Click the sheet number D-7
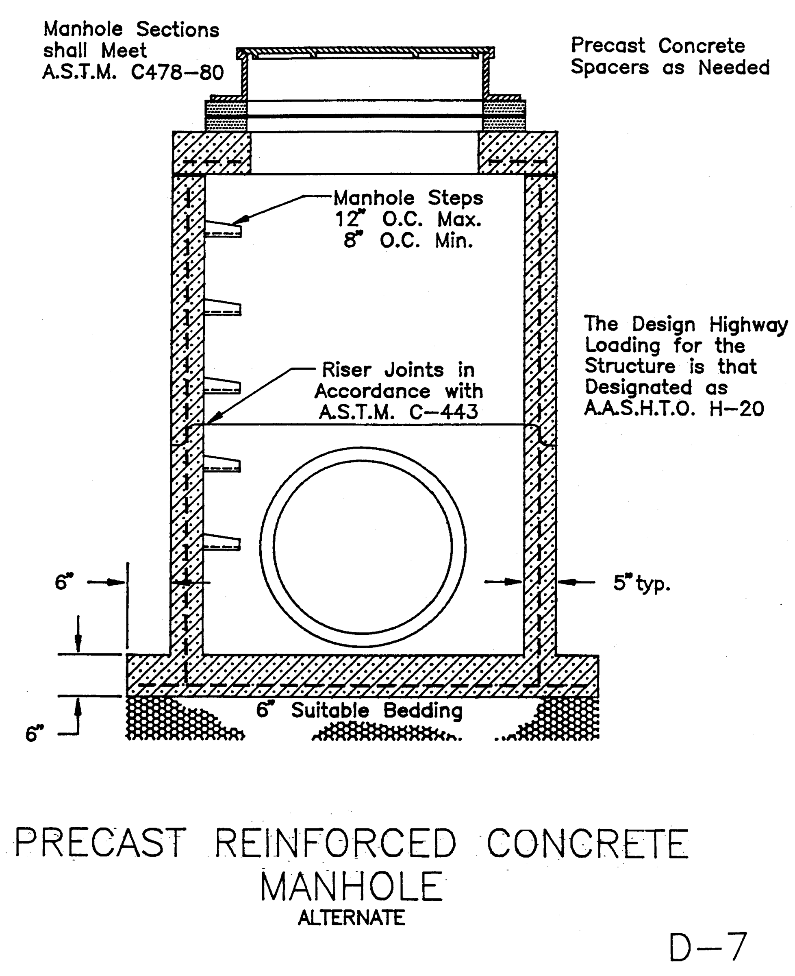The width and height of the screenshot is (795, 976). click(708, 947)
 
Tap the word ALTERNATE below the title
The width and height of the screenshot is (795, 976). click(351, 918)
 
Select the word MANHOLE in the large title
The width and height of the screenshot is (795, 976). click(351, 886)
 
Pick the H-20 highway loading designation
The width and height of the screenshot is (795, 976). click(736, 408)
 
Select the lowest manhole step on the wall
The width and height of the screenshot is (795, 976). click(222, 543)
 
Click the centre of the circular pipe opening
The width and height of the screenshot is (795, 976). click(363, 547)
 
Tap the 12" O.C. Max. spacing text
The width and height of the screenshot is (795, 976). click(408, 220)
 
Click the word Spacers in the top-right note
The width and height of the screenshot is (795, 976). click(610, 68)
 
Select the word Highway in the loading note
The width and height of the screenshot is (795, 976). click(748, 325)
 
